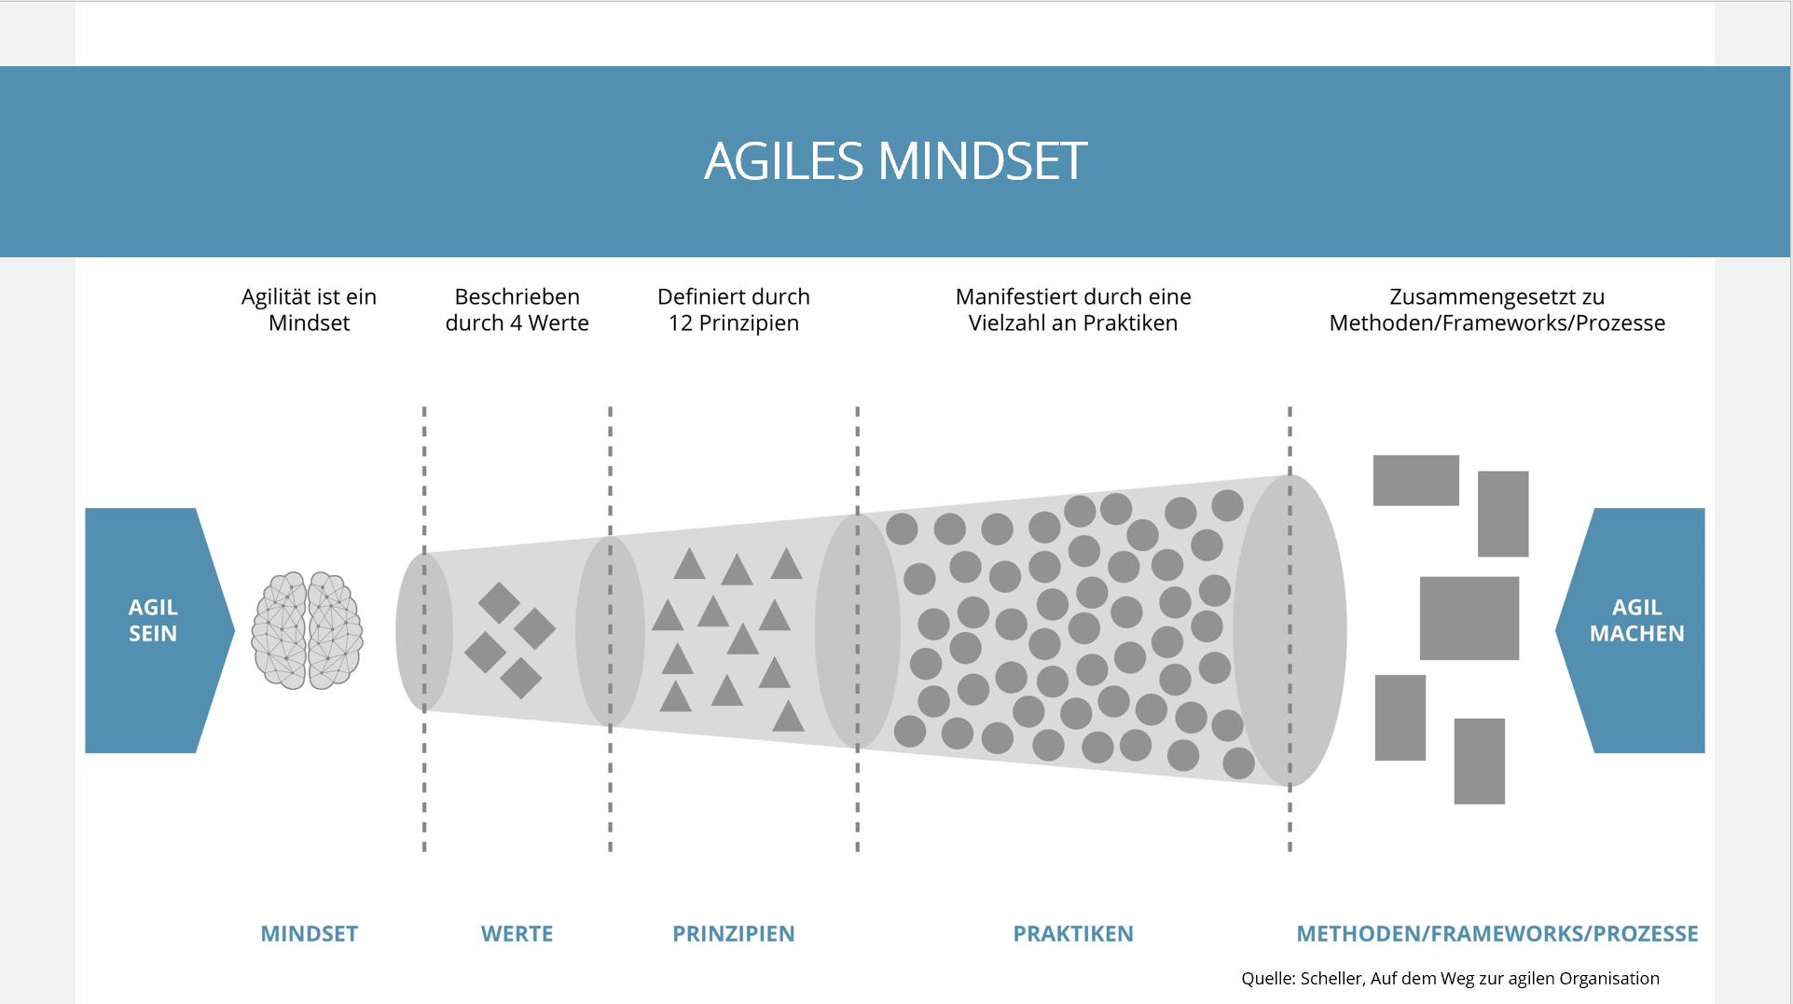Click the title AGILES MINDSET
[895, 160]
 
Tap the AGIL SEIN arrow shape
[154, 630]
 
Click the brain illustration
[307, 630]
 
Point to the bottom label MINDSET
[310, 933]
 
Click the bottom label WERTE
[517, 933]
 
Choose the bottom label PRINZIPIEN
[734, 933]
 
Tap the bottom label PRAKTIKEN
[1073, 933]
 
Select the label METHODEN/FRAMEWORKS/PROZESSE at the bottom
[1497, 933]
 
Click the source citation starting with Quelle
[1450, 978]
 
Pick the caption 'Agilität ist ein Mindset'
[309, 309]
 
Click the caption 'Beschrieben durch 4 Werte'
[517, 309]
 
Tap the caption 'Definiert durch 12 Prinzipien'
[734, 309]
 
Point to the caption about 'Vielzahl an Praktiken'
[1073, 309]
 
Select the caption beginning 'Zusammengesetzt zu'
[1497, 309]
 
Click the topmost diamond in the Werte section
[499, 603]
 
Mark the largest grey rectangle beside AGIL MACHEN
[1469, 618]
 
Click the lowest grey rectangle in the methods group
[1480, 761]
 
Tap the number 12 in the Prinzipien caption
[681, 323]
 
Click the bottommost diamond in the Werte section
[521, 678]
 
